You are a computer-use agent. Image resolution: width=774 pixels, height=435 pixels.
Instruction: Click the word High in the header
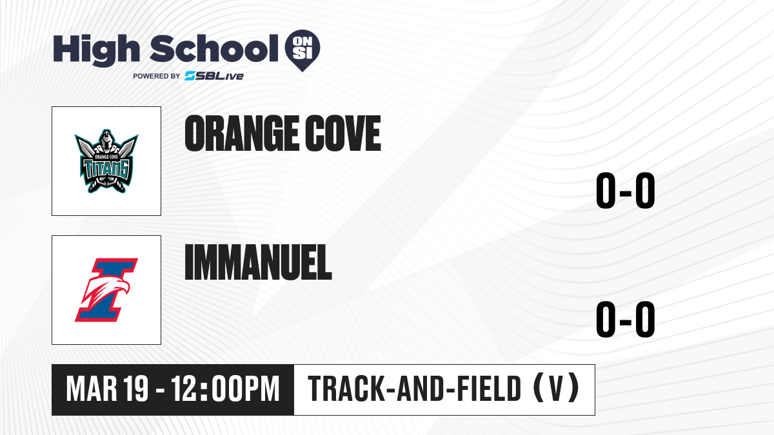click(x=96, y=50)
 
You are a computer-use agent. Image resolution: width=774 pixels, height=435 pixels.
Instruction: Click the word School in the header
click(x=214, y=48)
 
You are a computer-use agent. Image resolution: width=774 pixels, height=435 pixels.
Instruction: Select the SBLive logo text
click(x=214, y=76)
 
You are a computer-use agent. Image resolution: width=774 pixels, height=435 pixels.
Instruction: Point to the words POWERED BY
click(x=157, y=76)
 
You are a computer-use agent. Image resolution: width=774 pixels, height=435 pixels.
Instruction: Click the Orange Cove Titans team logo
click(x=106, y=161)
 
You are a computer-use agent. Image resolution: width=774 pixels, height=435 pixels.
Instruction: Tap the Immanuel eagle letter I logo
click(x=106, y=290)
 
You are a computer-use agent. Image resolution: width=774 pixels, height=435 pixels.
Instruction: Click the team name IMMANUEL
click(x=259, y=262)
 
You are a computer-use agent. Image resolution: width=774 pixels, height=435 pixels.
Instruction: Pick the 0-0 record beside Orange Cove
click(x=626, y=190)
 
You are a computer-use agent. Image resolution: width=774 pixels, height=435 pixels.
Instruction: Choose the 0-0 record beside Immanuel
click(x=626, y=319)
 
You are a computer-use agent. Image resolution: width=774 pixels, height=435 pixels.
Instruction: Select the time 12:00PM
click(x=225, y=389)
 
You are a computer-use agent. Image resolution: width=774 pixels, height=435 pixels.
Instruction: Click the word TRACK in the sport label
click(x=346, y=389)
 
